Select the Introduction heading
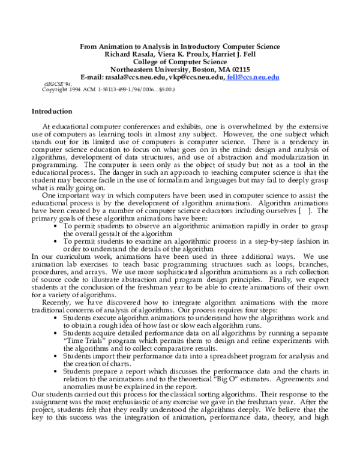point(60,112)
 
